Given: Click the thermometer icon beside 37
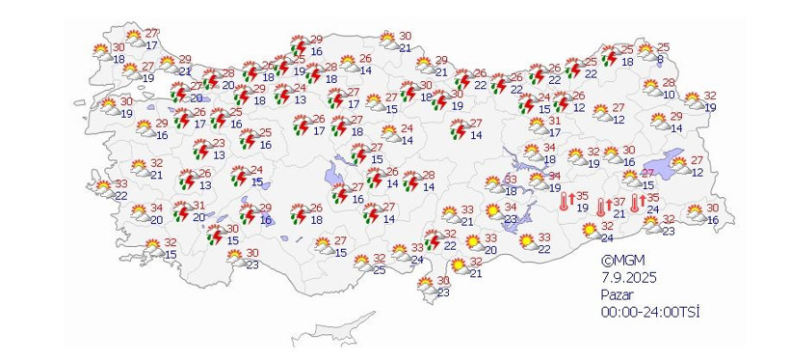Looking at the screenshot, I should click(601, 207).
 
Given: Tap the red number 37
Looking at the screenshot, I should click(619, 202).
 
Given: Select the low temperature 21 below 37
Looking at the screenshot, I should click(619, 213).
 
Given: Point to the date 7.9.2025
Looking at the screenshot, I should click(623, 276).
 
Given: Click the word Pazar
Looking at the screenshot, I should click(617, 293).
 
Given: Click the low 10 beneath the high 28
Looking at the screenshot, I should click(668, 95).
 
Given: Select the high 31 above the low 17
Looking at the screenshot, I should click(554, 121).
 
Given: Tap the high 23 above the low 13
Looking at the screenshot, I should click(219, 143).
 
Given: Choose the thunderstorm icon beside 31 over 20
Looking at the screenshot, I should click(179, 210).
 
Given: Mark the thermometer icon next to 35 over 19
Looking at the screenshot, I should click(565, 201).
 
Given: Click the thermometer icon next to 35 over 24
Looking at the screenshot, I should click(637, 203).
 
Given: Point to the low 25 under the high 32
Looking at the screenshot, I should click(379, 270).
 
